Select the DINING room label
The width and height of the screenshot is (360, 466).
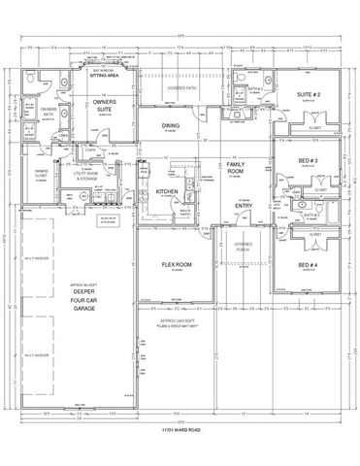[x=172, y=126]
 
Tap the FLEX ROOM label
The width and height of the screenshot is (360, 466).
[x=175, y=264]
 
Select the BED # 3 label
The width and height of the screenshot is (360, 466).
[x=308, y=162]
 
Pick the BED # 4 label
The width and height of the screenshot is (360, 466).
[x=308, y=266]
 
